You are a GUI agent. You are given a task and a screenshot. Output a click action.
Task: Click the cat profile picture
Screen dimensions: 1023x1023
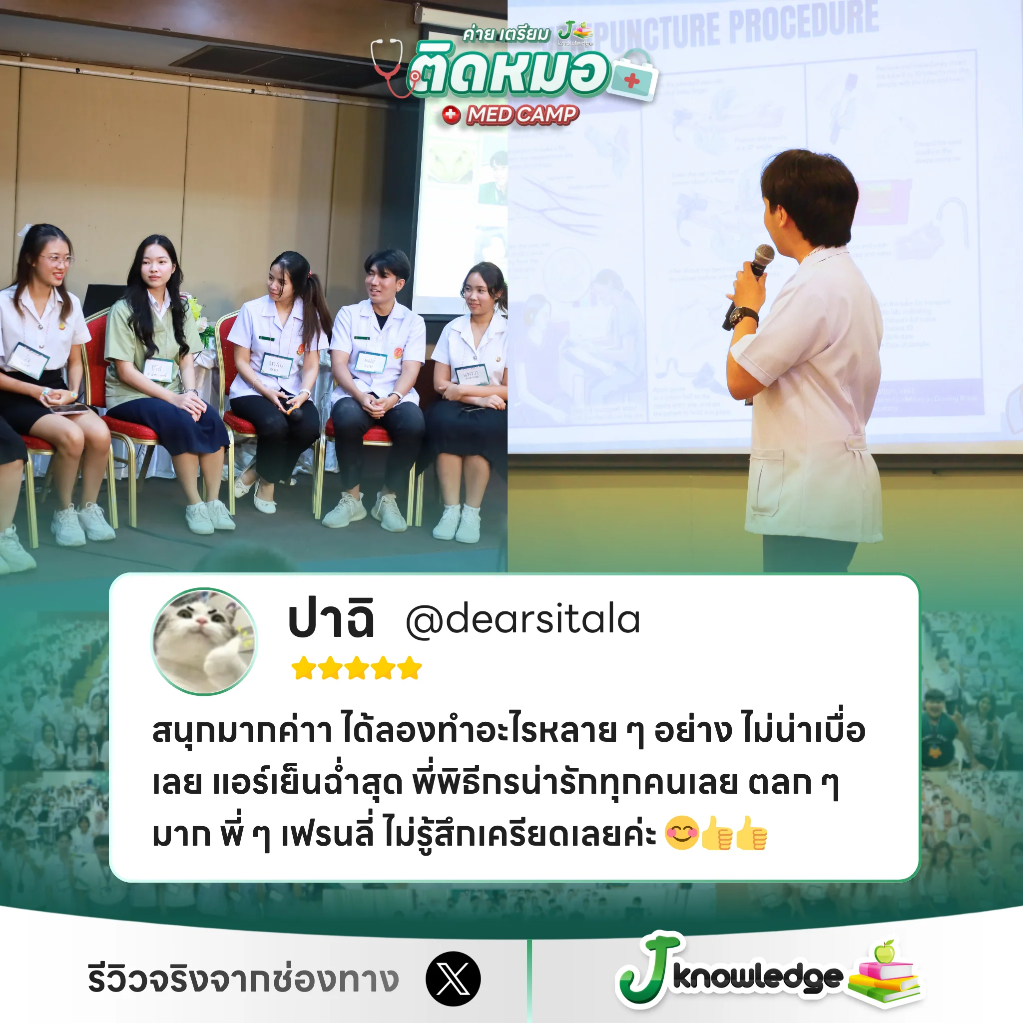[x=204, y=641]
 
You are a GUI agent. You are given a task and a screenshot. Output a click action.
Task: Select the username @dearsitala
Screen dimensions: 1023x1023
[x=522, y=619]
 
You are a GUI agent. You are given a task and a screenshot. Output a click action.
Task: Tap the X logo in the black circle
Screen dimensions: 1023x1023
[x=453, y=979]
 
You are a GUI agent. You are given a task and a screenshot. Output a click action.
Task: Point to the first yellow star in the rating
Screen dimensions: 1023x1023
[x=304, y=668]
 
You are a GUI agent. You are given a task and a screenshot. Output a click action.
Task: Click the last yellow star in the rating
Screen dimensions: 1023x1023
[x=410, y=668]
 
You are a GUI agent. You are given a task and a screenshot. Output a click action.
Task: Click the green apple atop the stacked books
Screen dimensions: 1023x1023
[x=884, y=952]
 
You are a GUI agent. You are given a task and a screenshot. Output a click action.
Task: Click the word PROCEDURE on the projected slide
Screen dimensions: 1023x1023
[x=804, y=24]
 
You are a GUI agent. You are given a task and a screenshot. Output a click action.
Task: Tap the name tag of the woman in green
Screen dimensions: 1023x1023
[x=158, y=370]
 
